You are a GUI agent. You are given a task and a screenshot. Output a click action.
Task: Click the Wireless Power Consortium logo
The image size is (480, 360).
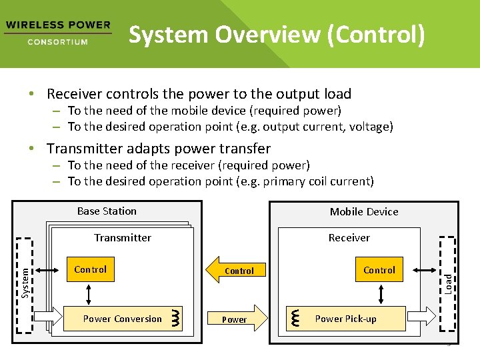pyautogui.click(x=57, y=33)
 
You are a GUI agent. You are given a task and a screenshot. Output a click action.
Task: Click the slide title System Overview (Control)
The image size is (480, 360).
pyautogui.click(x=276, y=35)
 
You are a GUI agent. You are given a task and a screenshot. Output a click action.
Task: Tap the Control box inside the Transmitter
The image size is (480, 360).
pyautogui.click(x=90, y=270)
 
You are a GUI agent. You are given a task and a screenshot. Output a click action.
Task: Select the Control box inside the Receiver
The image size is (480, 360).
pyautogui.click(x=379, y=271)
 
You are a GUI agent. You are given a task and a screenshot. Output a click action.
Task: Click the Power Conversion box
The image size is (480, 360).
pyautogui.click(x=122, y=319)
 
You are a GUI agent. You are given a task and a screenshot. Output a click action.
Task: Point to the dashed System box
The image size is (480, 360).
pyautogui.click(x=25, y=283)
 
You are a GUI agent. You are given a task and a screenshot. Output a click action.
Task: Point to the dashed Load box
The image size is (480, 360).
pyautogui.click(x=449, y=283)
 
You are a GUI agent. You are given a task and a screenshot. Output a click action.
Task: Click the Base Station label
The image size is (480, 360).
pyautogui.click(x=107, y=211)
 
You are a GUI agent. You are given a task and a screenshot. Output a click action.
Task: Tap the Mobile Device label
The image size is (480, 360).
pyautogui.click(x=364, y=212)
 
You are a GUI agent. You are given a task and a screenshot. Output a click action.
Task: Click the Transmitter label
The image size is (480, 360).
pyautogui.click(x=123, y=238)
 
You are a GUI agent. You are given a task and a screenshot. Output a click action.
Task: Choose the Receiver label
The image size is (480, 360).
pyautogui.click(x=349, y=238)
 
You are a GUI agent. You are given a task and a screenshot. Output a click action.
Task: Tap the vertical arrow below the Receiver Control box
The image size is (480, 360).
pyautogui.click(x=381, y=293)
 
